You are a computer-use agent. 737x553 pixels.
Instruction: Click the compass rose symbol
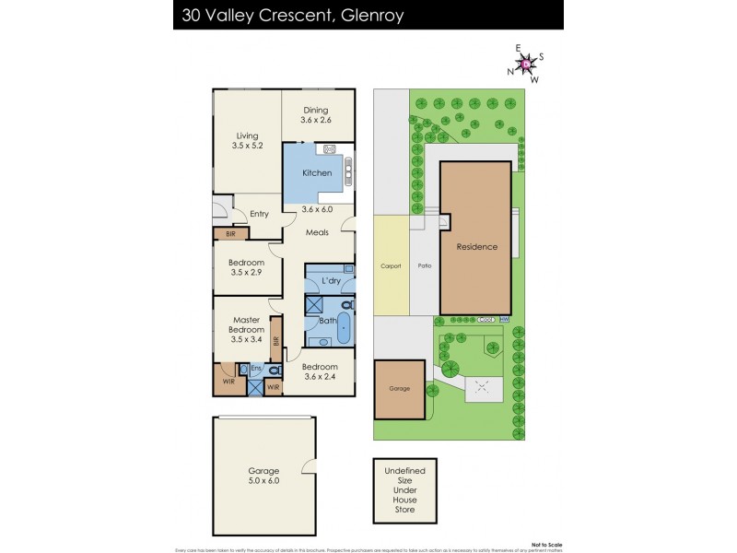526,64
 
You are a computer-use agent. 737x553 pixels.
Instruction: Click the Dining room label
317,112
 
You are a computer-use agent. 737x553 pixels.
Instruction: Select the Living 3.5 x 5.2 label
245,141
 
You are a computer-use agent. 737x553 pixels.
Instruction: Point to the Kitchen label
317,171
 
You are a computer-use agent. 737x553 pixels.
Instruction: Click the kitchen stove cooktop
327,149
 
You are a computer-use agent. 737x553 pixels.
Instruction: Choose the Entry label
259,214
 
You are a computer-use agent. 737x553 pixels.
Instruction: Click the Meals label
318,232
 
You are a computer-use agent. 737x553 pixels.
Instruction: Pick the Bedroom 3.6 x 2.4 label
320,371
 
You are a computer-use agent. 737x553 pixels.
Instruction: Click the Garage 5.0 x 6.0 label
263,474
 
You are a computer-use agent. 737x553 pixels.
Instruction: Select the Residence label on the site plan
476,247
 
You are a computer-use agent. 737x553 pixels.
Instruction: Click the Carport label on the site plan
391,265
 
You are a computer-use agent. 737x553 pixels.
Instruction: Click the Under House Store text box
399,489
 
